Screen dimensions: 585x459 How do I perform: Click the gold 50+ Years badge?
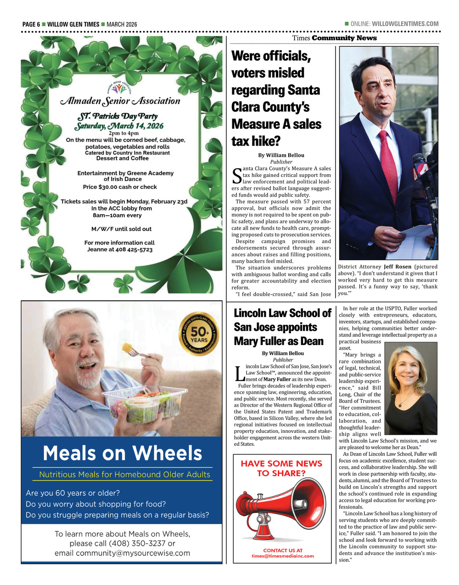199,334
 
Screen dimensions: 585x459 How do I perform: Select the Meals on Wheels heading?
122,453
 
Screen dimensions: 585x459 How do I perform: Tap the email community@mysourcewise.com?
122,553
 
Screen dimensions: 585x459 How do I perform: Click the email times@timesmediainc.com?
283,556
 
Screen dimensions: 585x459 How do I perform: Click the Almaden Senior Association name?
120,101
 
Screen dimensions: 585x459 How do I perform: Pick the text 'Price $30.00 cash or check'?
120,187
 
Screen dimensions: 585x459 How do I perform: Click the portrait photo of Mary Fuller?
410,382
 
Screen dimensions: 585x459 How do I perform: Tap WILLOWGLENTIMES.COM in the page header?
405,24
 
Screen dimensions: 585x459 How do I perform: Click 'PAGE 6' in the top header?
31,24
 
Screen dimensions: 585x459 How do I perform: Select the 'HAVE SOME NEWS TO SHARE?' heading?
281,468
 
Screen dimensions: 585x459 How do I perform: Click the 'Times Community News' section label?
334,38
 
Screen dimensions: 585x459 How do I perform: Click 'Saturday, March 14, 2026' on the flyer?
119,125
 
